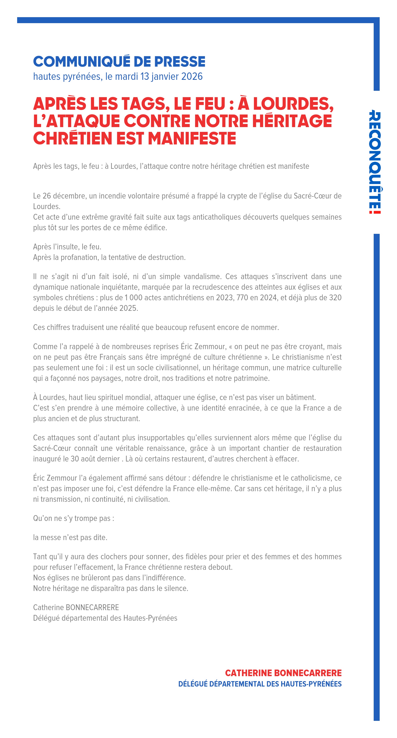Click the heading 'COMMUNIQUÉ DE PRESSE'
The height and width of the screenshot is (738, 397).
(x=119, y=62)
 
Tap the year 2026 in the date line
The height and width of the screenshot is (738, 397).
(x=192, y=76)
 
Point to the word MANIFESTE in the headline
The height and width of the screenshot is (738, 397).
(x=192, y=138)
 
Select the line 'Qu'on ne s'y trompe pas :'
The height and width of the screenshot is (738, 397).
(x=74, y=519)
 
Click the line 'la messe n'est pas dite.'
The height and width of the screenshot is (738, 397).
(x=70, y=538)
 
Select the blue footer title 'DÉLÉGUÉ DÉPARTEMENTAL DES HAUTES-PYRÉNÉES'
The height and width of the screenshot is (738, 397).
(x=260, y=684)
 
